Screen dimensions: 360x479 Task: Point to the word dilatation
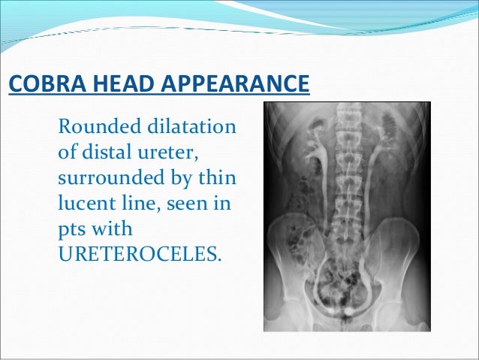coord(197,124)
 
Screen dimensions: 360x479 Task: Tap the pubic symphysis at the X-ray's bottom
coord(348,319)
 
